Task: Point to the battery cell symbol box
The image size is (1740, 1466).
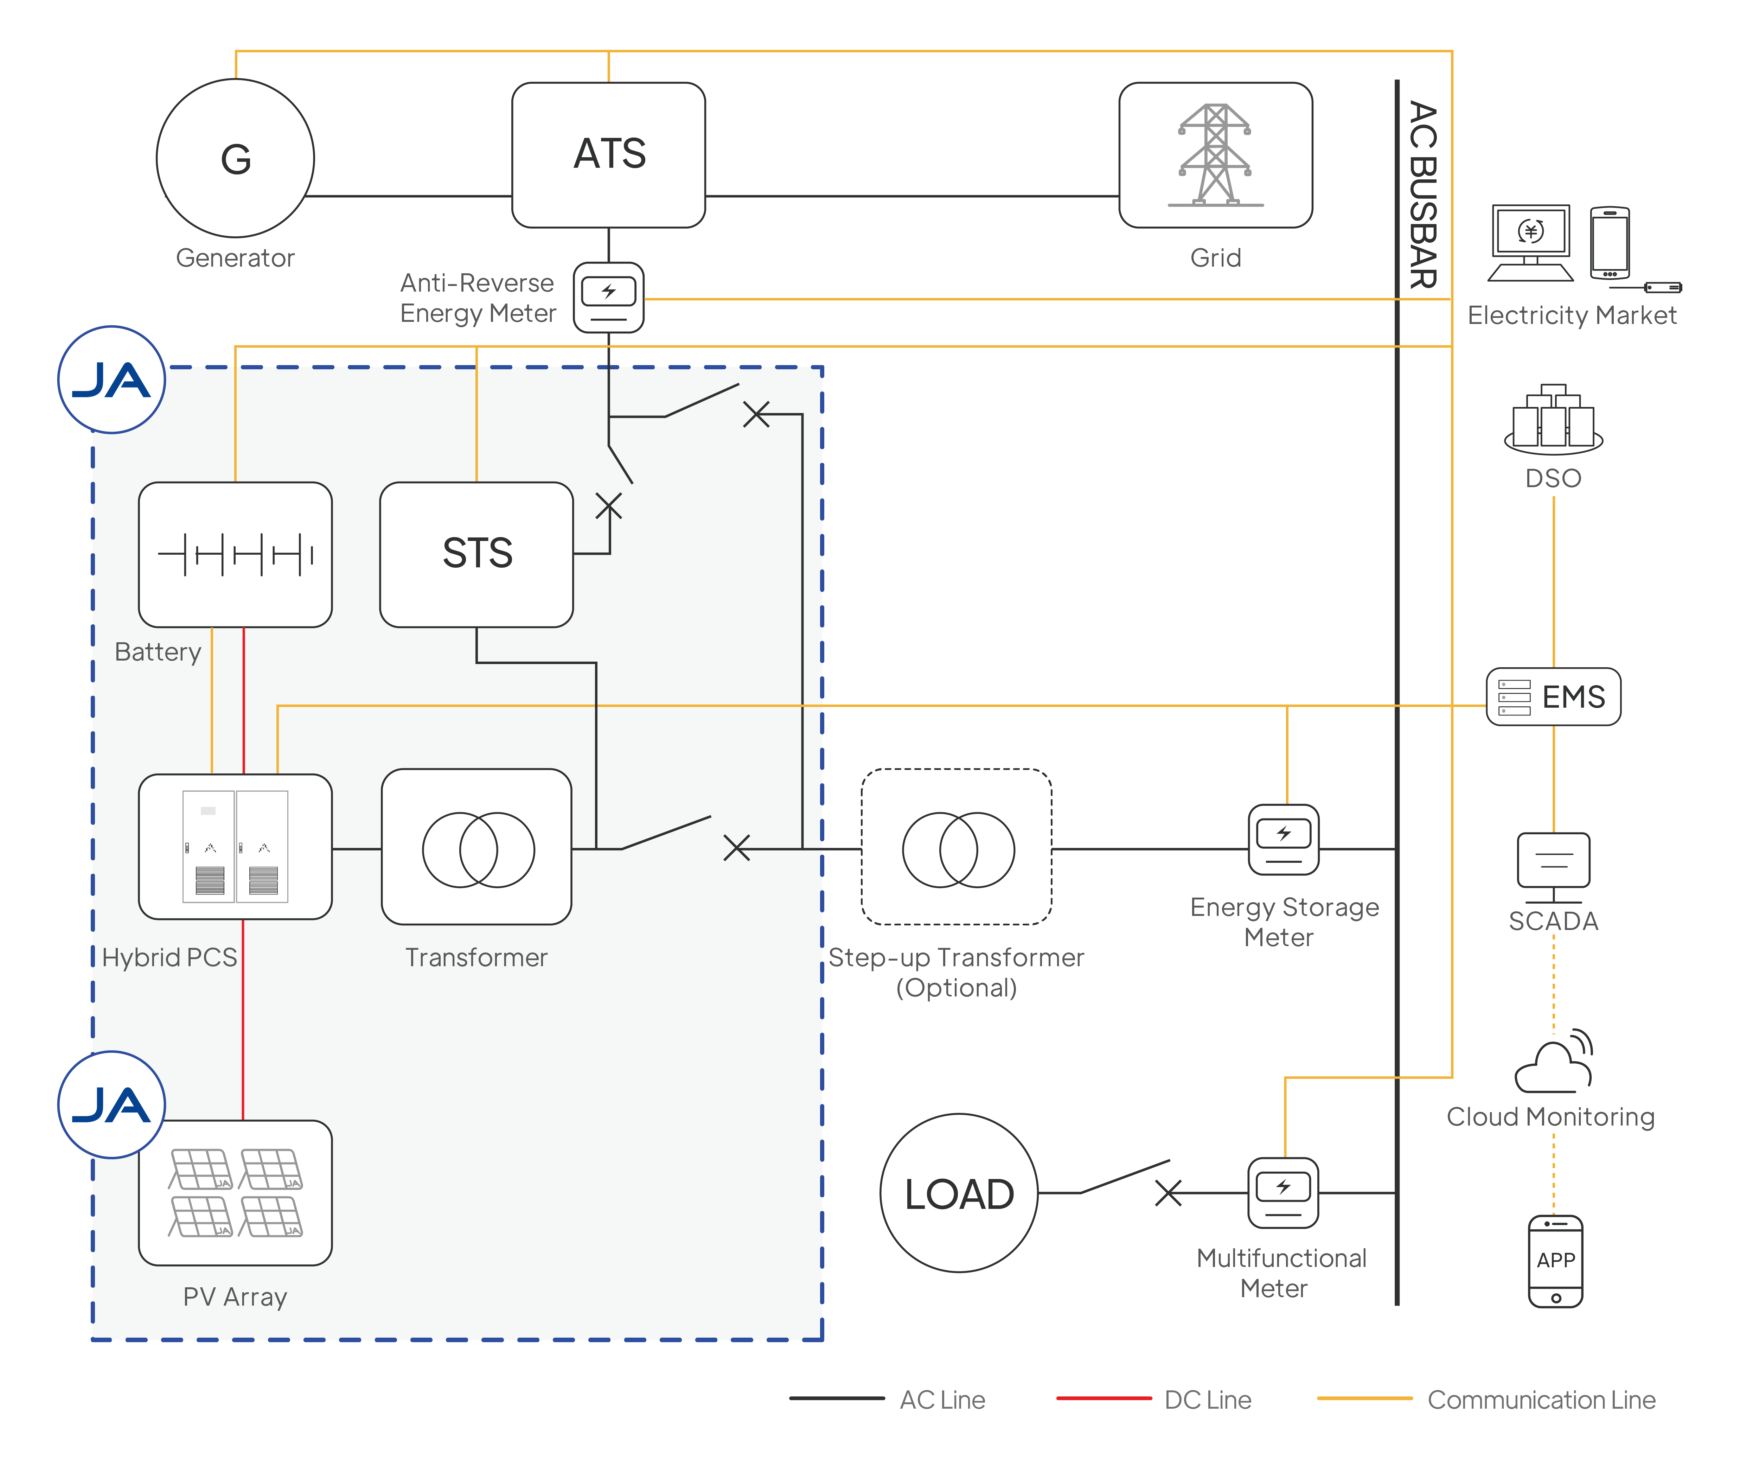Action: coord(235,554)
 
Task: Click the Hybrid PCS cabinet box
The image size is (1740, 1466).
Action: coord(235,846)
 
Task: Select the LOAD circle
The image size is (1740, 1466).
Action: coord(959,1193)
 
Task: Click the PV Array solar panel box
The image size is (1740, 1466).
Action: coord(235,1193)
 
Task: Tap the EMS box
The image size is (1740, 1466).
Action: coord(1553,696)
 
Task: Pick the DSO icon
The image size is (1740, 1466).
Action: coord(1553,420)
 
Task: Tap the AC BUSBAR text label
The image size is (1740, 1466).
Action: coord(1422,195)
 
